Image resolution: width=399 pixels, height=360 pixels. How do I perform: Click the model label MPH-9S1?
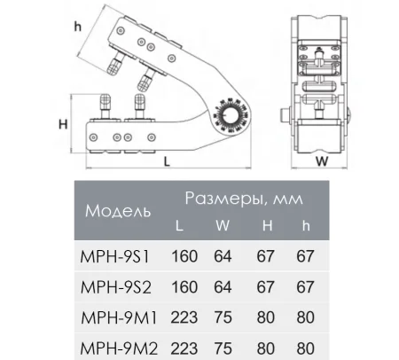click(116, 255)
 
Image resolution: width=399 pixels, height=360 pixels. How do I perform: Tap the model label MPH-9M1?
click(117, 316)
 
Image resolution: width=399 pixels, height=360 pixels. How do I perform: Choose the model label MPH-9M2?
click(117, 346)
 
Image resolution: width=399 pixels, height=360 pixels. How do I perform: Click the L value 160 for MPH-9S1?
click(182, 255)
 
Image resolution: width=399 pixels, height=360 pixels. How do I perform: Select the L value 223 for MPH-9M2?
click(182, 346)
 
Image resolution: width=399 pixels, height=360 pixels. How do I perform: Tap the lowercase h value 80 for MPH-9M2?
click(305, 346)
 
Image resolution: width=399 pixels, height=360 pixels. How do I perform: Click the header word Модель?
click(116, 211)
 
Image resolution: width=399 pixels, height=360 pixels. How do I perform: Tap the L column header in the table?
click(181, 225)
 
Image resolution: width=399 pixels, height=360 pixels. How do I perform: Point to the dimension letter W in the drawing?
click(322, 161)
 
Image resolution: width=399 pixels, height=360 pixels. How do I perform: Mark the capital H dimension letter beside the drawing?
click(64, 122)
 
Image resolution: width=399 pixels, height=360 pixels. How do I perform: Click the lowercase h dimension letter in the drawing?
click(77, 27)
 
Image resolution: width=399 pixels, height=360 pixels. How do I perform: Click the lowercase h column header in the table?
click(306, 225)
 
